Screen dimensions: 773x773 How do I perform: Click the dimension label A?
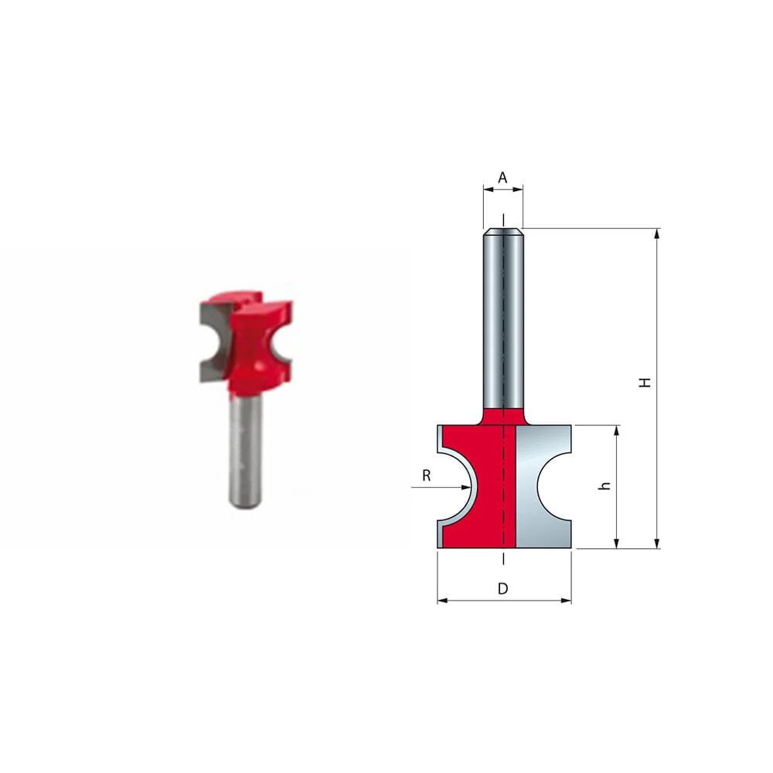click(502, 178)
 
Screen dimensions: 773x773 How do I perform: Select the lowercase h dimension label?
click(606, 485)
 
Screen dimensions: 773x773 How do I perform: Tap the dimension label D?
click(502, 589)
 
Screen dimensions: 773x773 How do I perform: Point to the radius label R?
click(426, 476)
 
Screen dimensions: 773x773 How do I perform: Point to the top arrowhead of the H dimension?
click(657, 233)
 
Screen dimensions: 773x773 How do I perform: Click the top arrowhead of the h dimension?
click(616, 430)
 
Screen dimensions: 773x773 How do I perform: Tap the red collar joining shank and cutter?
click(503, 416)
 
